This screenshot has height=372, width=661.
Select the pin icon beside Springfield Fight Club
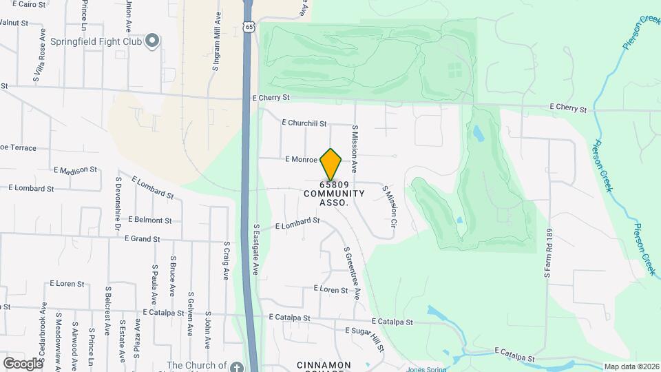tap(152, 42)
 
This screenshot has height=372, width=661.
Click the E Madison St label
tap(76, 169)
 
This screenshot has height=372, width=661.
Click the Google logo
tap(23, 363)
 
